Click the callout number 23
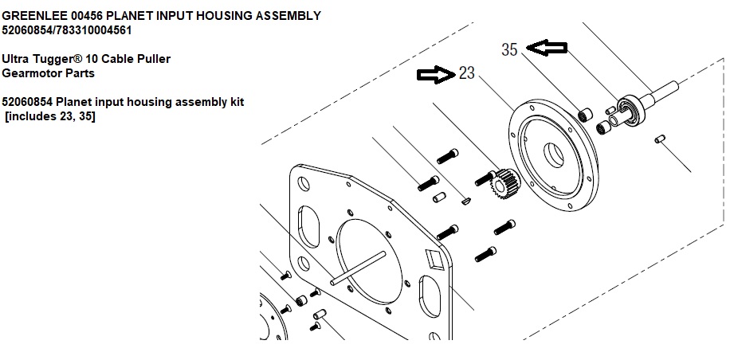pyautogui.click(x=467, y=74)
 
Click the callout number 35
pyautogui.click(x=510, y=49)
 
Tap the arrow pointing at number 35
pyautogui.click(x=548, y=49)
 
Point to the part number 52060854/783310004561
pyautogui.click(x=67, y=30)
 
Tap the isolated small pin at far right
pyautogui.click(x=660, y=141)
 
